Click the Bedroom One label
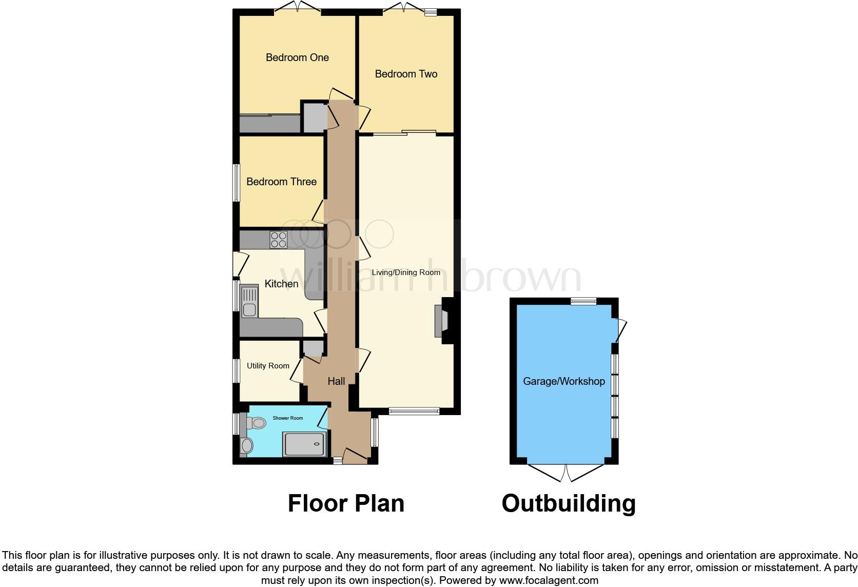[x=297, y=57]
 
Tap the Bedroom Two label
[x=406, y=74]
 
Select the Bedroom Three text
[x=281, y=182]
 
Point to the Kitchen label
[x=281, y=284]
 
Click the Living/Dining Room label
[x=406, y=272]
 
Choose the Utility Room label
[x=268, y=366]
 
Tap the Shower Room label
[x=287, y=418]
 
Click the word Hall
[x=336, y=381]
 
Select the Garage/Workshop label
[x=563, y=381]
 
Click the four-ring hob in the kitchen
[x=279, y=240]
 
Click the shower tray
[x=305, y=444]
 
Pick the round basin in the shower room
[x=247, y=446]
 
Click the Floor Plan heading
[x=346, y=503]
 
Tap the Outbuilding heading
[x=568, y=503]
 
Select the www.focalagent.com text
[x=549, y=581]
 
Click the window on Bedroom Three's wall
[x=237, y=183]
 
